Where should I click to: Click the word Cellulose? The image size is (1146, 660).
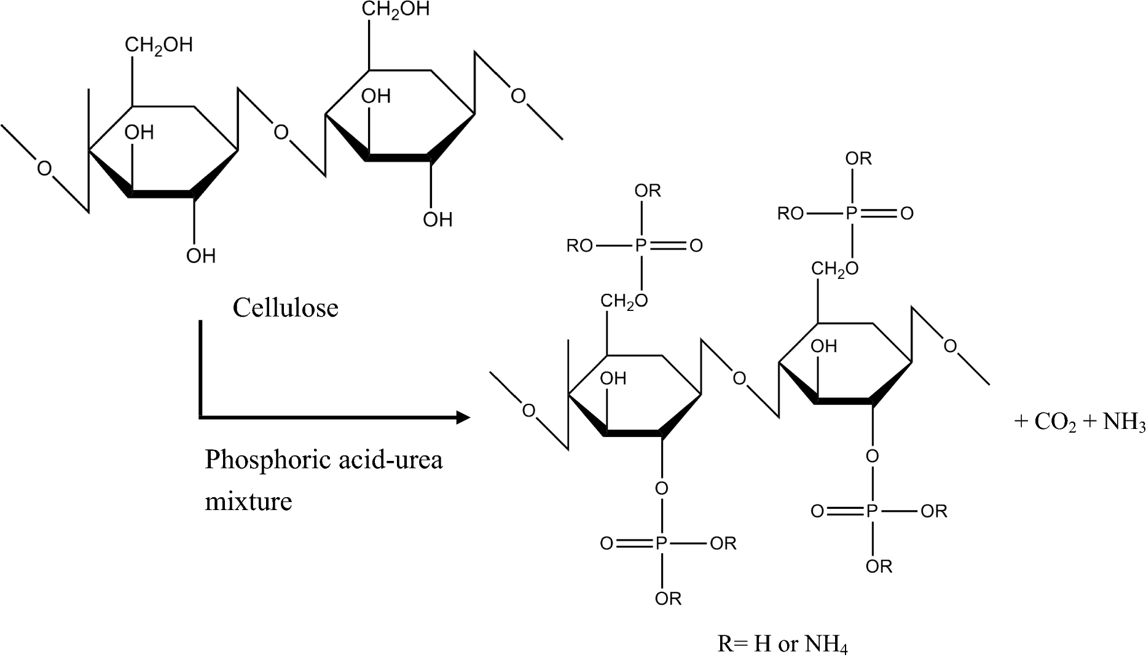pyautogui.click(x=285, y=307)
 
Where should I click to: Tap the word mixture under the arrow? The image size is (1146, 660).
pyautogui.click(x=248, y=501)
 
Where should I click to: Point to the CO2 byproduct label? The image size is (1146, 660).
pyautogui.click(x=1055, y=422)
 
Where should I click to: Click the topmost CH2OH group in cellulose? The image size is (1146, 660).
pyautogui.click(x=395, y=10)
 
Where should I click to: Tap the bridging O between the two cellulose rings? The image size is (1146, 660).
pyautogui.click(x=281, y=132)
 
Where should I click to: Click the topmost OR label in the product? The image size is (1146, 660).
pyautogui.click(x=858, y=159)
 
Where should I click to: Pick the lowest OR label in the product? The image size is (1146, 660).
pyautogui.click(x=668, y=598)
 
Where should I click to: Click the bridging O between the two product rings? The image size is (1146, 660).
pyautogui.click(x=740, y=379)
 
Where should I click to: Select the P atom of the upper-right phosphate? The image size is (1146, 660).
pyautogui.click(x=851, y=213)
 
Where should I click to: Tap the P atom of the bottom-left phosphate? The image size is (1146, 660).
pyautogui.click(x=661, y=543)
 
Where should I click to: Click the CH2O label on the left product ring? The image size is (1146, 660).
pyautogui.click(x=624, y=301)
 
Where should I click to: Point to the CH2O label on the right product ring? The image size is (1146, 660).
pyautogui.click(x=834, y=269)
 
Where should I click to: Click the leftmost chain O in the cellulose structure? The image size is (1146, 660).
pyautogui.click(x=44, y=168)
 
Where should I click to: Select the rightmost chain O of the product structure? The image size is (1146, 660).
pyautogui.click(x=950, y=347)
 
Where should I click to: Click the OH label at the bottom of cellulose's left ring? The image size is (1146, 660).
pyautogui.click(x=201, y=256)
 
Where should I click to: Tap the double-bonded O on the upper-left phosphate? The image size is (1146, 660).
pyautogui.click(x=696, y=246)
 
